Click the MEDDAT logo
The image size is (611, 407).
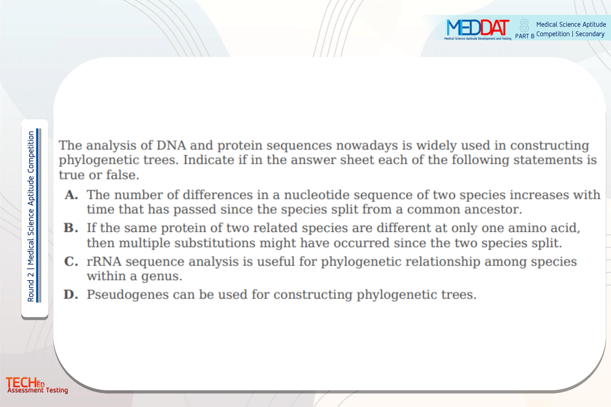click(478, 29)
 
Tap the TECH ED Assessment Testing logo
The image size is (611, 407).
click(37, 385)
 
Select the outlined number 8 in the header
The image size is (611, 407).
click(524, 26)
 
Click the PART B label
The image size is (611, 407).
click(524, 36)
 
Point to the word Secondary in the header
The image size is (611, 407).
click(590, 34)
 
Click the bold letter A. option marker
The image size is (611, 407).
click(71, 195)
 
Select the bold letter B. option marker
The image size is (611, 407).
click(71, 227)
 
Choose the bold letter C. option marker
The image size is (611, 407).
click(71, 261)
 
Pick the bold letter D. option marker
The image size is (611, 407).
click(71, 294)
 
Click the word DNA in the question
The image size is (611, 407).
click(171, 145)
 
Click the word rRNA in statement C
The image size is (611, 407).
click(104, 261)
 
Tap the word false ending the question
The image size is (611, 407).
click(123, 175)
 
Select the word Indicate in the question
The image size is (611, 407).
click(209, 160)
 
